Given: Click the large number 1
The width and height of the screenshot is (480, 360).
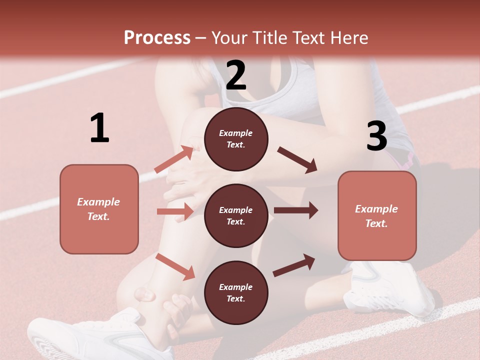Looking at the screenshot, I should (99, 128).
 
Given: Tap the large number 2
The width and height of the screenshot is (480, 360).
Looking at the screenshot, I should (236, 75).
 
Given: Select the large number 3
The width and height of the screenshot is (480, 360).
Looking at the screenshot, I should (376, 136).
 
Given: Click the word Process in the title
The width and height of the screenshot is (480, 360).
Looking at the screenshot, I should (157, 38).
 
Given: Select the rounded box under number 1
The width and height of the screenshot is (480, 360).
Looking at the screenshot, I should (99, 209).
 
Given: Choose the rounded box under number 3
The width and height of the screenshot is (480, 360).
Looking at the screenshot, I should (377, 216).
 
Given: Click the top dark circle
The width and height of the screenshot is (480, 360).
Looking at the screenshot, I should (236, 139).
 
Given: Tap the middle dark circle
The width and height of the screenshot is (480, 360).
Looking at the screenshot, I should (236, 215).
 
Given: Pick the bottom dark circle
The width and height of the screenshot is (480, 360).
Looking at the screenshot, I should (236, 292).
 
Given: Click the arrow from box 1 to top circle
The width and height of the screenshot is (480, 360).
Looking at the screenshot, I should (174, 159).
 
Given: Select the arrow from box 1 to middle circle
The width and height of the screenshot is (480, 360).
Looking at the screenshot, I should (175, 211).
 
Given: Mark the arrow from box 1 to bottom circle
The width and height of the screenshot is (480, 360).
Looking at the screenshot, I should (175, 266).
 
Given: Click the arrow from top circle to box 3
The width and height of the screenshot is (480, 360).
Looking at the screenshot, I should (297, 160).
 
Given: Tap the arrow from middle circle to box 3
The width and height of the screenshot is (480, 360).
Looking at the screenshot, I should (295, 210).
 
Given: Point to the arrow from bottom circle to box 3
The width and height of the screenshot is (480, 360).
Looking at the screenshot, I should (294, 265).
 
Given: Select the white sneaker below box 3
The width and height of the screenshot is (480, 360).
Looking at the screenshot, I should (390, 290).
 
